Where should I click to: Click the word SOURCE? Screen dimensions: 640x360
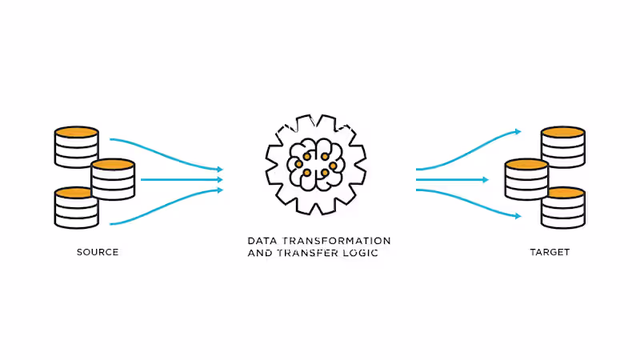pos(98,252)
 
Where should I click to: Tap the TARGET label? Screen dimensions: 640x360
pos(550,252)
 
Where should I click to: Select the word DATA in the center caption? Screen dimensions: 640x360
pos(262,241)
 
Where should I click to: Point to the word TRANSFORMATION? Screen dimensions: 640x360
pos(336,241)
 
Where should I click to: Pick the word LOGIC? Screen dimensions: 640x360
pos(361,253)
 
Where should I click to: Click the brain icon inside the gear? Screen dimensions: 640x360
pos(316,165)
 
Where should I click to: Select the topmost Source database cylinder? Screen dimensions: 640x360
pos(76,147)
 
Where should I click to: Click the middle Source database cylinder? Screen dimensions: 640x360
pos(113,179)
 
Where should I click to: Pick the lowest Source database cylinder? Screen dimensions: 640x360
pos(76,207)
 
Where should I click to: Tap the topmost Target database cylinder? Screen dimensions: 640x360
pos(563,147)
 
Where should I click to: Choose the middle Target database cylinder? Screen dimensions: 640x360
pos(526,179)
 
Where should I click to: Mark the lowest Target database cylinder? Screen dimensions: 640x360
pos(563,207)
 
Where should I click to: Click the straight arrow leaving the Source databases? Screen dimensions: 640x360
pos(182,179)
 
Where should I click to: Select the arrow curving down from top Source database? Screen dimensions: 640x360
pos(166,154)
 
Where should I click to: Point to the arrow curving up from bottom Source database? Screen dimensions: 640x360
pos(166,206)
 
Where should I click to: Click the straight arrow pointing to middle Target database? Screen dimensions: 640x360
pos(452,179)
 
